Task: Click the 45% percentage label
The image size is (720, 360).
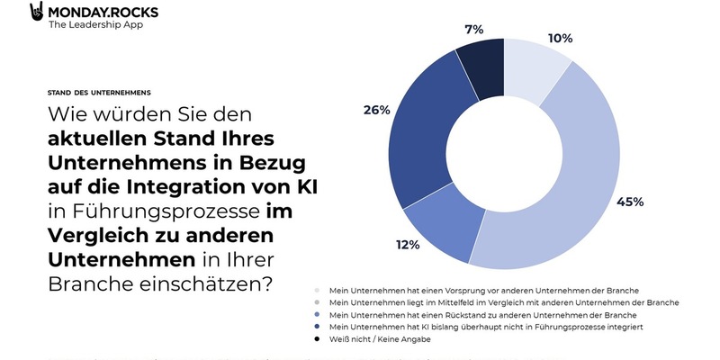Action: click(629, 202)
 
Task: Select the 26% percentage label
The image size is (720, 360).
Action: click(376, 111)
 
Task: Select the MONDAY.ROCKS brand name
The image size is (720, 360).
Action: click(100, 11)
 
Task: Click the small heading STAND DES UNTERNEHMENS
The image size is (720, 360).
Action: click(99, 93)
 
